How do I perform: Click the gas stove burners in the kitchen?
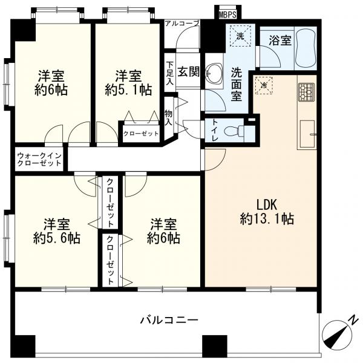click(x=306, y=91)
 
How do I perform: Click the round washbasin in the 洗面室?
click(x=214, y=74)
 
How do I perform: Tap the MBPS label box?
click(x=227, y=13)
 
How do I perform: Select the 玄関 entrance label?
click(x=189, y=72)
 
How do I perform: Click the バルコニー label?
click(x=169, y=319)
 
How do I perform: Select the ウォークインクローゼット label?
click(x=39, y=159)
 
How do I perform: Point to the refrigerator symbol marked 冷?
click(x=264, y=86)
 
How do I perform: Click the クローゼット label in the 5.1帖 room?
click(x=142, y=133)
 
